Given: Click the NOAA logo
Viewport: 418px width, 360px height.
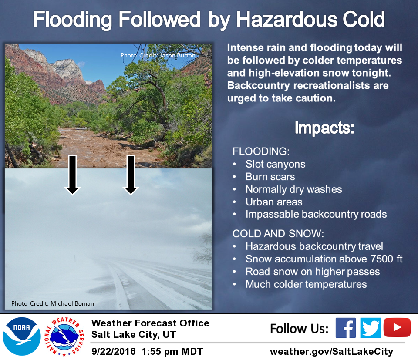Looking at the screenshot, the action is tap(22, 336).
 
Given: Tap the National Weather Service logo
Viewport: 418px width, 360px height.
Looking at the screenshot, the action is tap(64, 336).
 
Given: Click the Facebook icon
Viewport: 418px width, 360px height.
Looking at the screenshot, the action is tap(346, 328).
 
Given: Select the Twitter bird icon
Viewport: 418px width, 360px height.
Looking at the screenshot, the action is tap(371, 328).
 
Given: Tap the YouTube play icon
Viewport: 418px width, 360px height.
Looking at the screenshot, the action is tap(397, 327).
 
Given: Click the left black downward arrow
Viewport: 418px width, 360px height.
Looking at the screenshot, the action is tap(73, 175).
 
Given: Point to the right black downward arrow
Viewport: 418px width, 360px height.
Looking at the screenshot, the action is tap(131, 175).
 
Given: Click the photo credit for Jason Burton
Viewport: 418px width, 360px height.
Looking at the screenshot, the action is tap(158, 55).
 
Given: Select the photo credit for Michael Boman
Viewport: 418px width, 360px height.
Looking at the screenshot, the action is tap(53, 303).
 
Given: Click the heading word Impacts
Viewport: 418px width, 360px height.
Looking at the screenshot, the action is tap(324, 128).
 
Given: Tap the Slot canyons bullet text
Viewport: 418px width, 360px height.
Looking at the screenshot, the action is tap(275, 164).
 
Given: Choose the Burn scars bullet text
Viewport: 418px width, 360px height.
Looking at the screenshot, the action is tap(270, 177).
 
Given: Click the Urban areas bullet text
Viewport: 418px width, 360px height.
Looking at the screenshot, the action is tap(274, 202).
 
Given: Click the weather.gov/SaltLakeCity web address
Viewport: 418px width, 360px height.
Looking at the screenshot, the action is tap(332, 351).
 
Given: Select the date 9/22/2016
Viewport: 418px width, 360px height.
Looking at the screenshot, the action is tap(114, 351).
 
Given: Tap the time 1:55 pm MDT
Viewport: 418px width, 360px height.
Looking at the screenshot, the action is tap(172, 351).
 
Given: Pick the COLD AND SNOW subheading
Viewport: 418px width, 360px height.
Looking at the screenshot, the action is tap(278, 234).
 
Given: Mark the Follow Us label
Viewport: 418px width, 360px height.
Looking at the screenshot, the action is tap(299, 328).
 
